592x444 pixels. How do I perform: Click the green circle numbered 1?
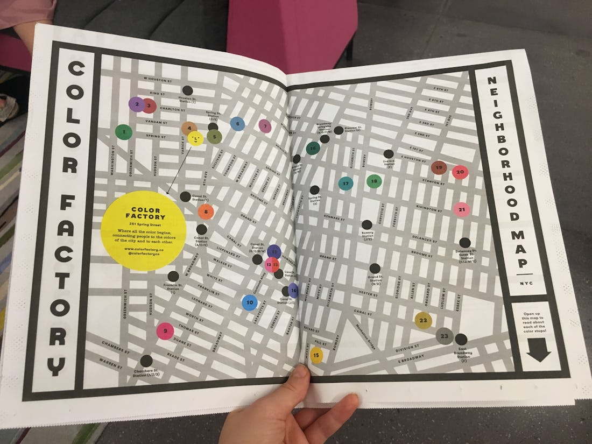(124, 132)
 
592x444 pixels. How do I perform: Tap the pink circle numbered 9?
(165, 331)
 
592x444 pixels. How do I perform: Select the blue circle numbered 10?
(249, 303)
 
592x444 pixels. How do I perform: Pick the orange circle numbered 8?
(206, 212)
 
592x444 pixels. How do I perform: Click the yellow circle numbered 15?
(316, 355)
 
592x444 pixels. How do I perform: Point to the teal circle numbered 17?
(346, 184)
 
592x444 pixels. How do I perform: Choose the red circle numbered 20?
(460, 172)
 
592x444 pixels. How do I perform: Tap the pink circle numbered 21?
(462, 209)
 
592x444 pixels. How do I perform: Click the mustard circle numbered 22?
(424, 320)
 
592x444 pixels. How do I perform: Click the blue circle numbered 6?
(237, 124)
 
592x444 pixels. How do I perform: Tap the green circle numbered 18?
(374, 181)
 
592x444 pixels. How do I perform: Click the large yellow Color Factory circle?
(144, 230)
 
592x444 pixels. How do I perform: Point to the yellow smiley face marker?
(195, 139)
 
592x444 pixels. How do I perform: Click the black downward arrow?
(539, 353)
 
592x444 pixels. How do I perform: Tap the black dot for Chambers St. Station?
(146, 361)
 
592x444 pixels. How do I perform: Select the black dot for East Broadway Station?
(461, 339)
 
